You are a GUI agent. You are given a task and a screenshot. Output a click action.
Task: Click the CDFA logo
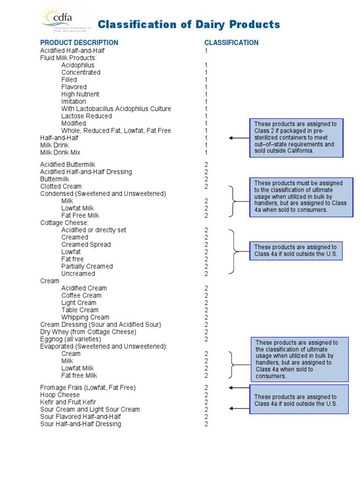point(61,20)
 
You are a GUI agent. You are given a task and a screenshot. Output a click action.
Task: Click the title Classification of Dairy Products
point(188,24)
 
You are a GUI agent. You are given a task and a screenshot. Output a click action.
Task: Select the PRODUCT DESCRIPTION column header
point(79,43)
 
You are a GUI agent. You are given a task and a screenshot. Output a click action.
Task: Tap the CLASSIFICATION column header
point(231,43)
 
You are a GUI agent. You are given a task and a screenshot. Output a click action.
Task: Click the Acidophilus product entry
point(78,65)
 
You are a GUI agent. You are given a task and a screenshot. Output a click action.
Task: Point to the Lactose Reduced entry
point(87,116)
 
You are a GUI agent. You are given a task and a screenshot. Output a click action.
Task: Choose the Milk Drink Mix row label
point(60,152)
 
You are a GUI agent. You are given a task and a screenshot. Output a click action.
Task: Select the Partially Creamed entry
point(87,266)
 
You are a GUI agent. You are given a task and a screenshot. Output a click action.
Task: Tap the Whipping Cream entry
point(85,317)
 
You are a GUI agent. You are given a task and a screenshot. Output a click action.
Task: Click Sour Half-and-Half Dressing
point(81,424)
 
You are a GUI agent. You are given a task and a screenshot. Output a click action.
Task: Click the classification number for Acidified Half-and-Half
point(206,50)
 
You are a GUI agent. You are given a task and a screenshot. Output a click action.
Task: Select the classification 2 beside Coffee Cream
point(206,295)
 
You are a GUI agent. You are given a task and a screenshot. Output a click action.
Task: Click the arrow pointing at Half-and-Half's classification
point(239,138)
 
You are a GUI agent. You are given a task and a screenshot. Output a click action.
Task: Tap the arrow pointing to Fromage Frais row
point(239,388)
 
